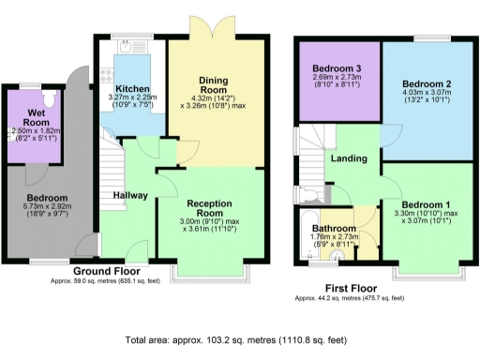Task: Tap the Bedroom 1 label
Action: pyautogui.click(x=426, y=203)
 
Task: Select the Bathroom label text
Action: pyautogui.click(x=334, y=228)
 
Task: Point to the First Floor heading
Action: pyautogui.click(x=349, y=288)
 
